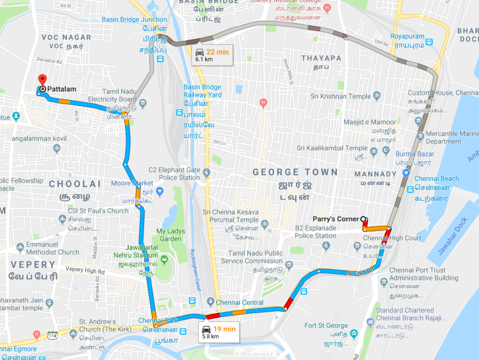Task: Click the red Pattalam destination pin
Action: (42, 80)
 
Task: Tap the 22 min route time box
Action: (212, 54)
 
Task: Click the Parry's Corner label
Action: (335, 219)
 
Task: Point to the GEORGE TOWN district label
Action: (295, 172)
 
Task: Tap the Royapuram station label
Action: (407, 37)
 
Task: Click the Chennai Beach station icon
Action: (411, 189)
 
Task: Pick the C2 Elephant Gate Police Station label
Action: (174, 174)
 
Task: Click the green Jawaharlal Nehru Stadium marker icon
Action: (164, 258)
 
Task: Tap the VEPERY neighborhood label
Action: (33, 265)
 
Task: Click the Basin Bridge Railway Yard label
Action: (203, 91)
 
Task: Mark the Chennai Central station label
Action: (239, 302)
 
